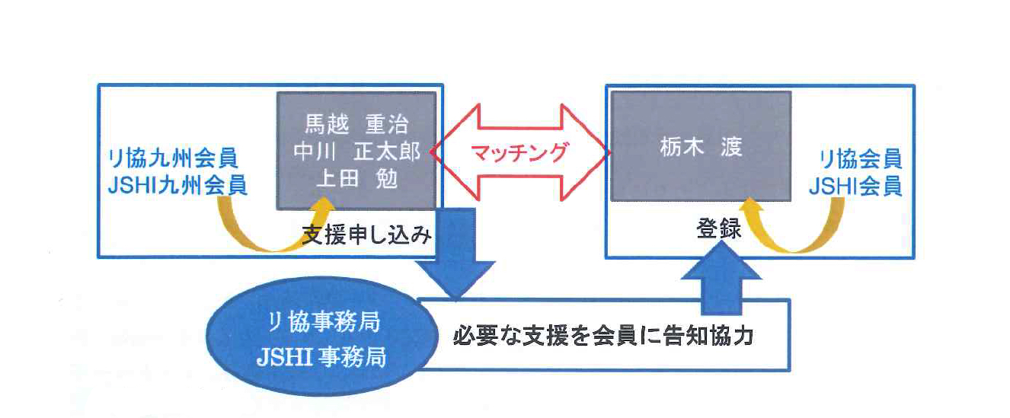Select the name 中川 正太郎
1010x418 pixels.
click(x=356, y=152)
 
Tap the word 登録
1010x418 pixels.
click(x=718, y=229)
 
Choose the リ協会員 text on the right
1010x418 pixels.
click(x=860, y=159)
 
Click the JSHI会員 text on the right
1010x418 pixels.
click(x=860, y=185)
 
